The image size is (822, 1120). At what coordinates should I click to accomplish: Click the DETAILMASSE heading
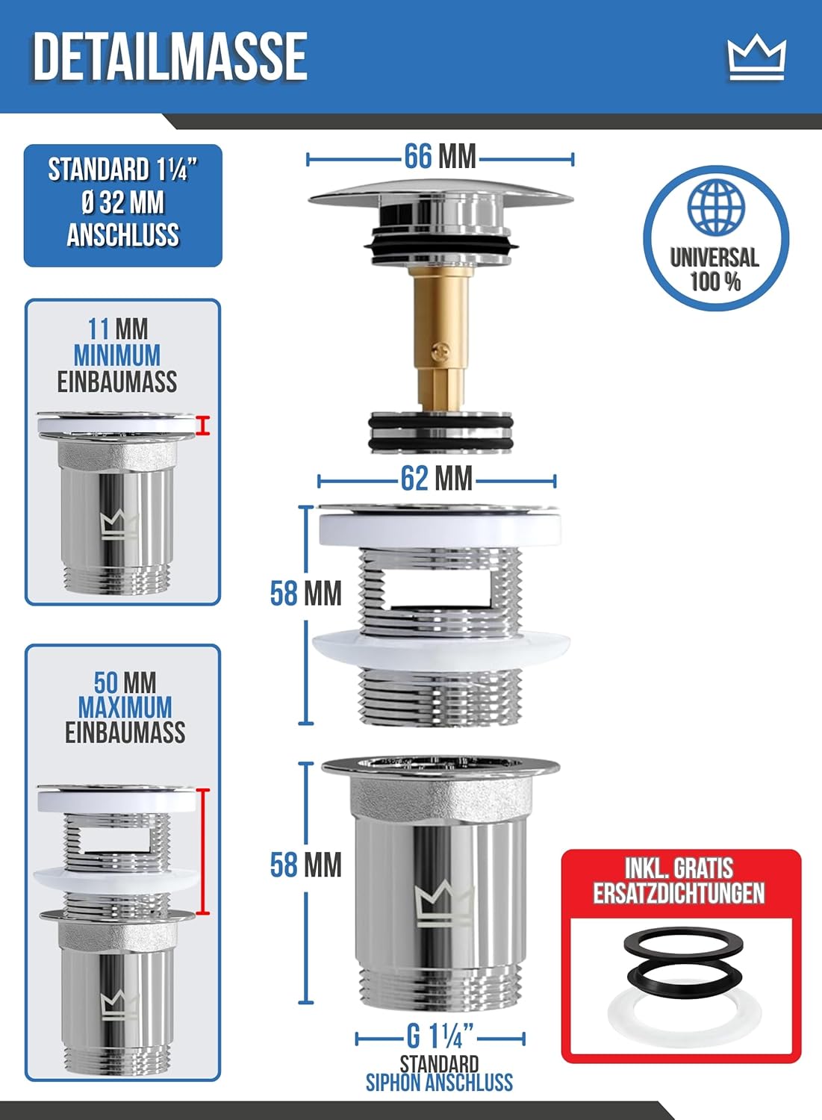(170, 57)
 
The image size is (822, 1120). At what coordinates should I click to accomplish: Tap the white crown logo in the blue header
(757, 59)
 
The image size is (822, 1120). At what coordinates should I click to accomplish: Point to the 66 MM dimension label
(440, 157)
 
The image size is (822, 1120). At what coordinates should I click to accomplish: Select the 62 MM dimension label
(437, 479)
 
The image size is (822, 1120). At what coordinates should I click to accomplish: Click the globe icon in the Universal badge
(716, 207)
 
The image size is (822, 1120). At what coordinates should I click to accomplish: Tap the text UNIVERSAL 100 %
(715, 270)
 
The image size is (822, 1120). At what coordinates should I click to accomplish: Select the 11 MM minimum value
(118, 329)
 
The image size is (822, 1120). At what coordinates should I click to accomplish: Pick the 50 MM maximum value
(125, 682)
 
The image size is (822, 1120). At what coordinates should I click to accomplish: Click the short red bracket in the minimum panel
(202, 425)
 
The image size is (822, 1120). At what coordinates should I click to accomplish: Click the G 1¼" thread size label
(440, 1036)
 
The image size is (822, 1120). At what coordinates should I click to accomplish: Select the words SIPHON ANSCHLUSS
(439, 1083)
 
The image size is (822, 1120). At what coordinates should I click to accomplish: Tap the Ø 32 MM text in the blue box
(123, 203)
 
